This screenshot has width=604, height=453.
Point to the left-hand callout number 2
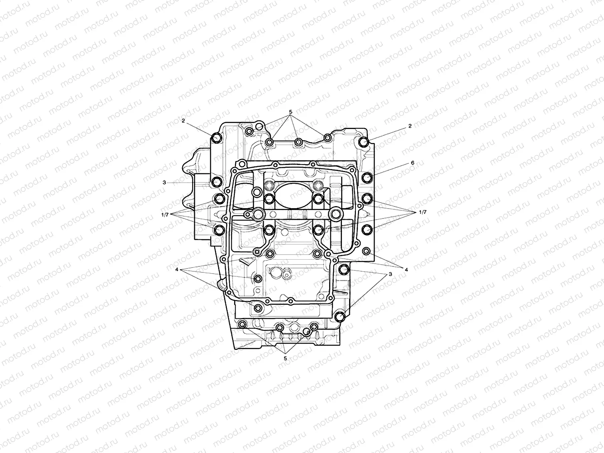[183, 121]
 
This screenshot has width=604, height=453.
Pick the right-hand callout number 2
[410, 125]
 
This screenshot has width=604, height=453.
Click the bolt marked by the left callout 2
[217, 138]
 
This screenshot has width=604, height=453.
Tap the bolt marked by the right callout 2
[364, 143]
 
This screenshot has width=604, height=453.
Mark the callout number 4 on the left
[177, 270]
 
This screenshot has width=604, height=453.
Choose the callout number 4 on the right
[406, 270]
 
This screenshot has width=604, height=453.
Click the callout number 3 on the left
[164, 183]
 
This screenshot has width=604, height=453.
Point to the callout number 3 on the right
[390, 274]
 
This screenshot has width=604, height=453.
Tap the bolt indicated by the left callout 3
[217, 182]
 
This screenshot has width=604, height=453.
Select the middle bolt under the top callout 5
[298, 142]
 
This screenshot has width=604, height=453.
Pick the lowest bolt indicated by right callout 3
[340, 316]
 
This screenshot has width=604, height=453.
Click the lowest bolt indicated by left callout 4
[258, 308]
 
